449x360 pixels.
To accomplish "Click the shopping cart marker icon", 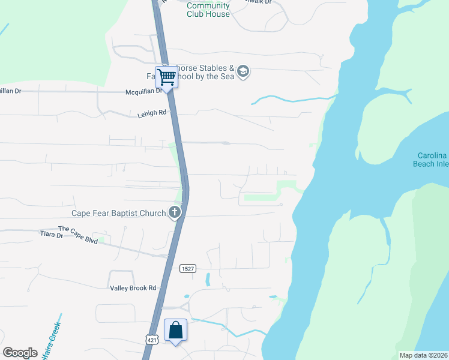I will click(166, 77).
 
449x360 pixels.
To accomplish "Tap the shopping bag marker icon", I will click(175, 331).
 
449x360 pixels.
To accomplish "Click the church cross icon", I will click(175, 212).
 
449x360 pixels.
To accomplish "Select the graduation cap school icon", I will click(243, 72).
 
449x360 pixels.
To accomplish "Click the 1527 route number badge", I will click(187, 269).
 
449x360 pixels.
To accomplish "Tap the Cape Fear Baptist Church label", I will click(118, 213).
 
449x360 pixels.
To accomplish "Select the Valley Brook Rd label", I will click(133, 288).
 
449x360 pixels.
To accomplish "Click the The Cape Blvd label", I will click(77, 229).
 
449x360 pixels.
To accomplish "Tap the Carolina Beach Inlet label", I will click(430, 160).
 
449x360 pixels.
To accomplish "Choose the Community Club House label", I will click(208, 10).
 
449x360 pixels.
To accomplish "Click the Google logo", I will click(20, 353).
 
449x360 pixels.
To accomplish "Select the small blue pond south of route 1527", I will click(207, 279).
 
